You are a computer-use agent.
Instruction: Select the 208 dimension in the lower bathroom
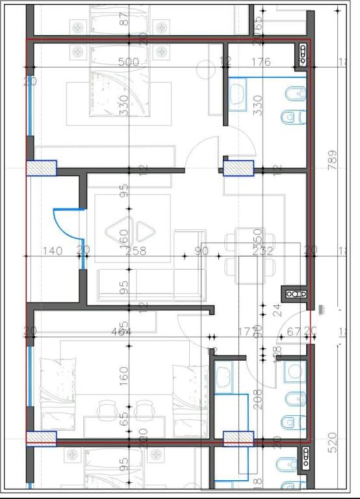point(257,398)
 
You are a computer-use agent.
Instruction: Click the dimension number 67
point(294,332)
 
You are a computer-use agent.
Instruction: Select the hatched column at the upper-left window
point(41,168)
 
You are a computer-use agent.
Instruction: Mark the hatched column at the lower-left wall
point(41,439)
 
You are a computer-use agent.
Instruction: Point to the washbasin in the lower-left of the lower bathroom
point(225,375)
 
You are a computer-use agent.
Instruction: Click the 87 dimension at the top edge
point(124,19)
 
